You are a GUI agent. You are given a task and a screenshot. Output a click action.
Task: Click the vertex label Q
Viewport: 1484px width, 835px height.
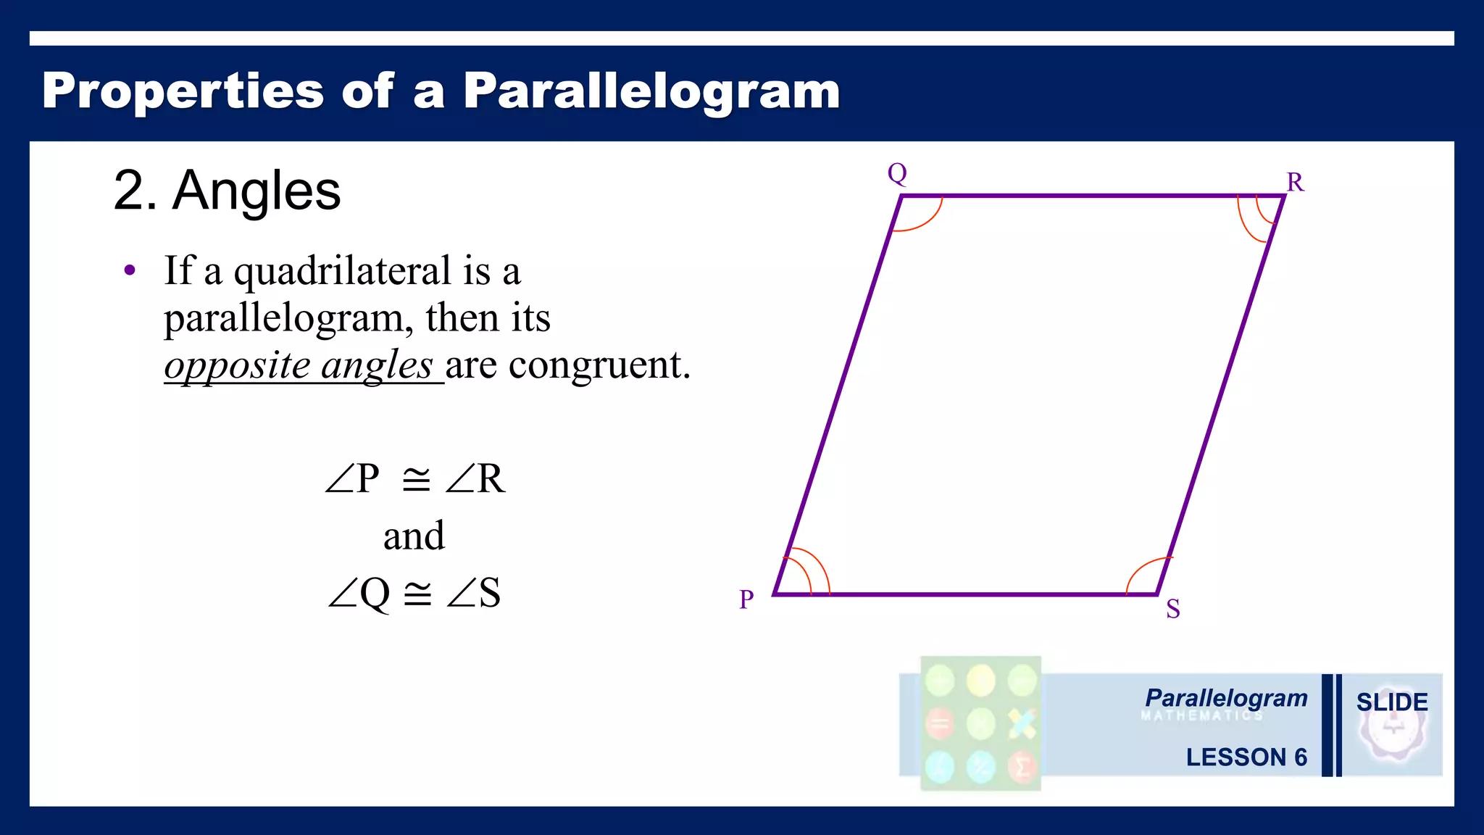(x=897, y=173)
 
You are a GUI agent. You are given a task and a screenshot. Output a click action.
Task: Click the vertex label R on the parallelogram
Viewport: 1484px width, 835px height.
(x=1295, y=182)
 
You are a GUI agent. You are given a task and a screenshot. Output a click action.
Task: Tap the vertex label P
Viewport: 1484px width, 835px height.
(x=746, y=599)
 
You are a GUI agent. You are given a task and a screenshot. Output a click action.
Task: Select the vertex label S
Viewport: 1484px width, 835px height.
(x=1172, y=609)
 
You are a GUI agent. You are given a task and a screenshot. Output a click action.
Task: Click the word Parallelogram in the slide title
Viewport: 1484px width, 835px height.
(x=651, y=91)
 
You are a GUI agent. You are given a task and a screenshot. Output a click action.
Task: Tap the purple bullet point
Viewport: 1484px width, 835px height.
(x=130, y=271)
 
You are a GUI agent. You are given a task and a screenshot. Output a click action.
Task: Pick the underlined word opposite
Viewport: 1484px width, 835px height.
(x=238, y=365)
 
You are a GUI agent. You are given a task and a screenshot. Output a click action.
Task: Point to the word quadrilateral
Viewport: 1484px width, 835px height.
(x=343, y=271)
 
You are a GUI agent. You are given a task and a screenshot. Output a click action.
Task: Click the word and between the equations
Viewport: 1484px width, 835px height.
(x=414, y=536)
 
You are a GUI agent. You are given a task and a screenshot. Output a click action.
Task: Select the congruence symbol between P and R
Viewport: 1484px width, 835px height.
(x=416, y=479)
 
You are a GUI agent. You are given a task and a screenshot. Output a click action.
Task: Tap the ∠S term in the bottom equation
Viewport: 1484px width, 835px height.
(x=474, y=593)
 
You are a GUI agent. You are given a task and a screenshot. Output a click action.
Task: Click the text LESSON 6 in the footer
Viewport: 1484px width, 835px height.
(x=1246, y=757)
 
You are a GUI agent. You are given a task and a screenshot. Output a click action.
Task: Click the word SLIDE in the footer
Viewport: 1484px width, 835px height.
(x=1391, y=702)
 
